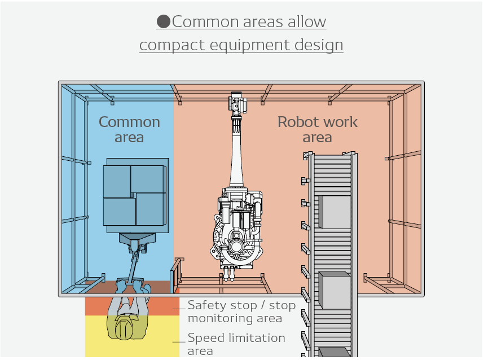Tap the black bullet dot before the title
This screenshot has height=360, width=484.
[164, 22]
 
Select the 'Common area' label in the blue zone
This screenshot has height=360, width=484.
[129, 129]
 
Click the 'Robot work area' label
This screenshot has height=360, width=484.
[318, 129]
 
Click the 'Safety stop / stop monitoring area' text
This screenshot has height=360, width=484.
[241, 311]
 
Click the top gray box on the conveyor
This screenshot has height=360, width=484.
[335, 212]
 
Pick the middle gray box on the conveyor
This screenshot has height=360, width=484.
[335, 290]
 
